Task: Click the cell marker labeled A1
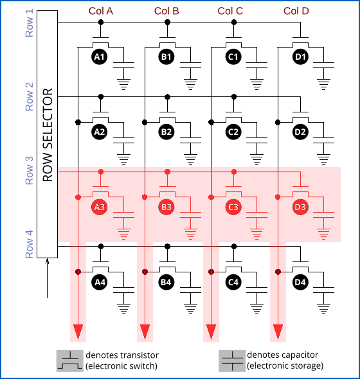click(100, 57)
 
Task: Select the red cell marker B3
click(166, 207)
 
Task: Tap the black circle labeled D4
click(300, 281)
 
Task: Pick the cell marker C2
click(233, 132)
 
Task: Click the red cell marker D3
click(300, 207)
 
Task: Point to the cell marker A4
click(100, 281)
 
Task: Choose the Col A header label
click(101, 11)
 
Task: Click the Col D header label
click(296, 11)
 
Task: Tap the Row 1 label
click(29, 23)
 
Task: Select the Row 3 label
click(29, 171)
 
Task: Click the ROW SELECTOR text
click(48, 134)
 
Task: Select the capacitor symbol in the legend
click(231, 360)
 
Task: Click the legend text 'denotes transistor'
click(122, 355)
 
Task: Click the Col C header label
click(230, 11)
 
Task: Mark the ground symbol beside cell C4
click(258, 306)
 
